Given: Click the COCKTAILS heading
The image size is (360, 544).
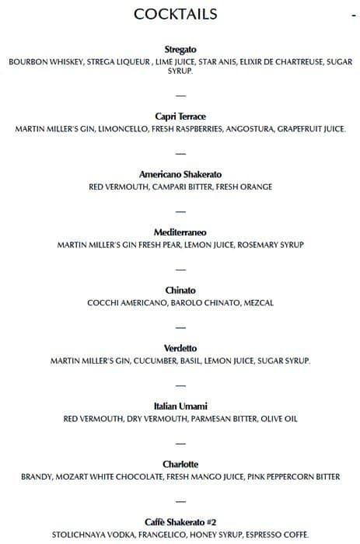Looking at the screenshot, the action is pos(175,14).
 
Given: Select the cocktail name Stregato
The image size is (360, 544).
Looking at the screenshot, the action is pos(180,49).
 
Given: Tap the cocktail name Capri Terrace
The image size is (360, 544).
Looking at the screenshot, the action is pos(180,116).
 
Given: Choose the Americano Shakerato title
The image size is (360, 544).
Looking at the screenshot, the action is pos(180,174).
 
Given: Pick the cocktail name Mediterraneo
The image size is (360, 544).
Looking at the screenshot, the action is pos(180,232).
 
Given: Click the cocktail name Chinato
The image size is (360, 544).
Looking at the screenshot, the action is pos(180,290).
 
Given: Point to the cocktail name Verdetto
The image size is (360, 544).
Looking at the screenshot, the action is pos(180,347).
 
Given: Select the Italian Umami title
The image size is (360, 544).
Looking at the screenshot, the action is pos(180,406).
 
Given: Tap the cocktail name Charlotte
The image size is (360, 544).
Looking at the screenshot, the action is pos(180,464).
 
